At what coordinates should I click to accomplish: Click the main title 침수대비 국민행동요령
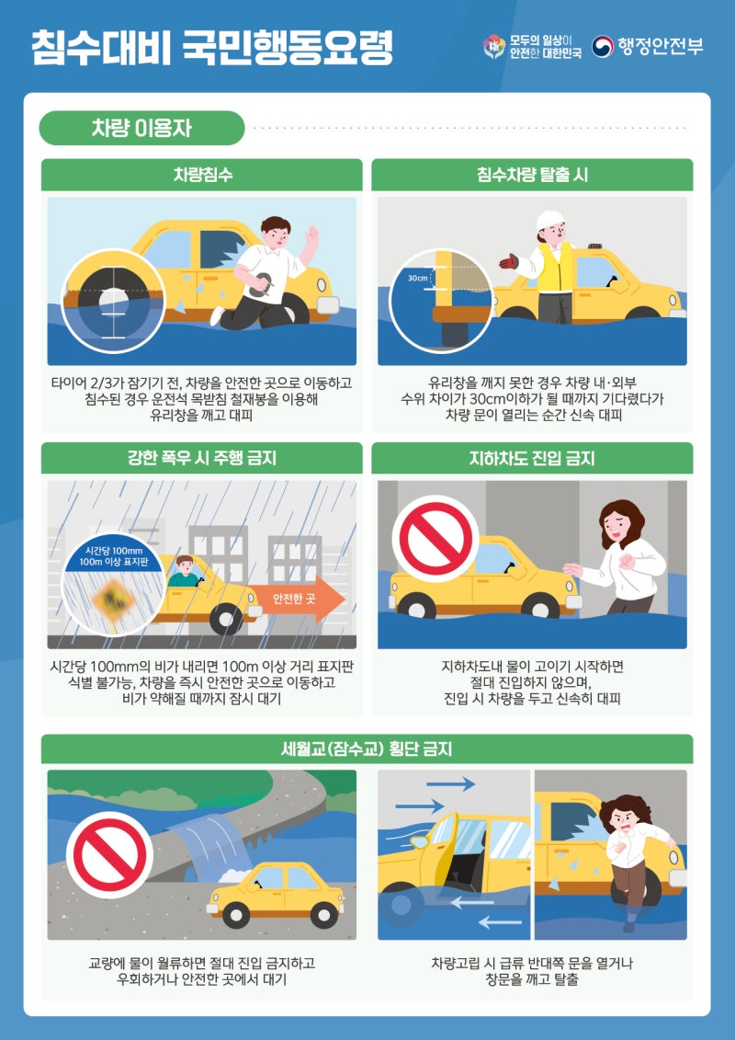tap(212, 47)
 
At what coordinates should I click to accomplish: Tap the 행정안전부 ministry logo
tap(647, 46)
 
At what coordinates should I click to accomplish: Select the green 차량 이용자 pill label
tap(141, 128)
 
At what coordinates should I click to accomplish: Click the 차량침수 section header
tap(202, 175)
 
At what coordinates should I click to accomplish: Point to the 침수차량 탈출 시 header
tap(532, 175)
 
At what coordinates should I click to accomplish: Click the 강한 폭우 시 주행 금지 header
tap(202, 458)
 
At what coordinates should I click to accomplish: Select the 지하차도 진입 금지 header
tap(532, 458)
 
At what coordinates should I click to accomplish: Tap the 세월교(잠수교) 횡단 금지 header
tap(367, 749)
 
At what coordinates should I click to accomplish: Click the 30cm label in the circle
tap(417, 278)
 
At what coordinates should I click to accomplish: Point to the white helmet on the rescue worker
tap(549, 220)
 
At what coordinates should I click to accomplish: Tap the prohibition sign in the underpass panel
tap(435, 538)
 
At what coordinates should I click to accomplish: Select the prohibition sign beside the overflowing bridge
tap(109, 855)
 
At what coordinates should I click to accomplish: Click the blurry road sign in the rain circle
tap(114, 599)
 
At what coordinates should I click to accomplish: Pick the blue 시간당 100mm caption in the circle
tap(113, 555)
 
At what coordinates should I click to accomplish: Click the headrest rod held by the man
tap(262, 284)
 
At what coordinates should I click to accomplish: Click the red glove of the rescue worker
tap(509, 260)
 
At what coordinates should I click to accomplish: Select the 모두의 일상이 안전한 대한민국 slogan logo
tap(532, 46)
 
